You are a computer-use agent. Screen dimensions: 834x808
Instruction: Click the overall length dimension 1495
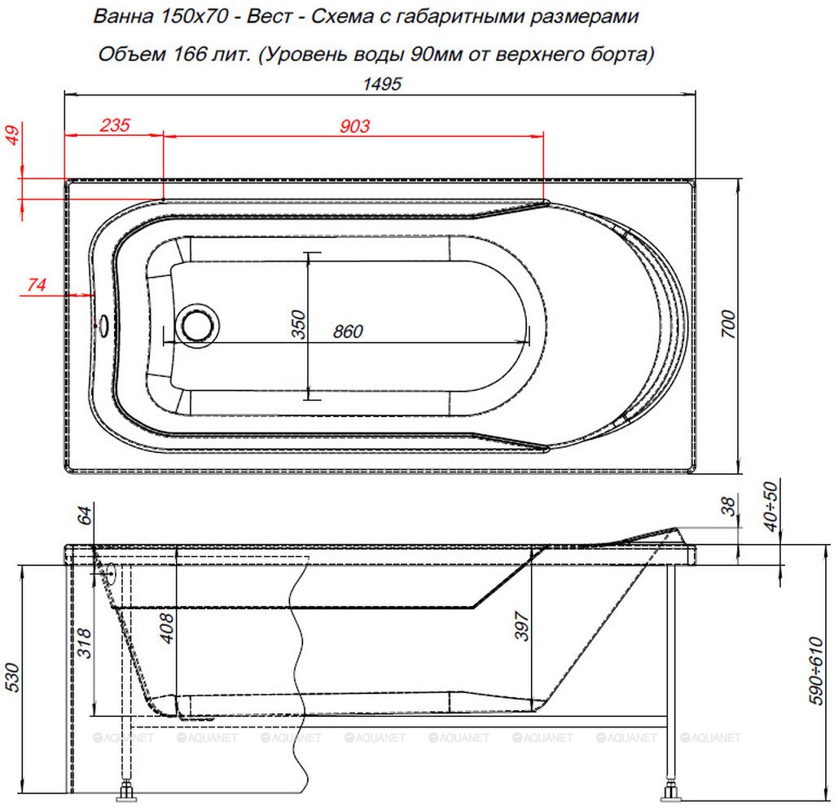[x=382, y=84]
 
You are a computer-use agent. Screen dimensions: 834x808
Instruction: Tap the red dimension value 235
[x=115, y=125]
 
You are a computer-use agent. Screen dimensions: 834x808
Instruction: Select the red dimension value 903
[x=354, y=125]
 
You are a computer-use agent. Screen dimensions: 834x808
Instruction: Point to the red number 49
[x=13, y=134]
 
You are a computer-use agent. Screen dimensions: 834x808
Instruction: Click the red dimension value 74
[x=36, y=284]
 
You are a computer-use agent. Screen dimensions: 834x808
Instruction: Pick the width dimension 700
[x=729, y=323]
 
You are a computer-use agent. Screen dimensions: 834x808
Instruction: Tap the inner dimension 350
[x=299, y=324]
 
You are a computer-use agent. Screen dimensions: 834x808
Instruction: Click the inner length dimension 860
[x=348, y=332]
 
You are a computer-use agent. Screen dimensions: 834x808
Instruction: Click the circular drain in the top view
[x=197, y=326]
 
